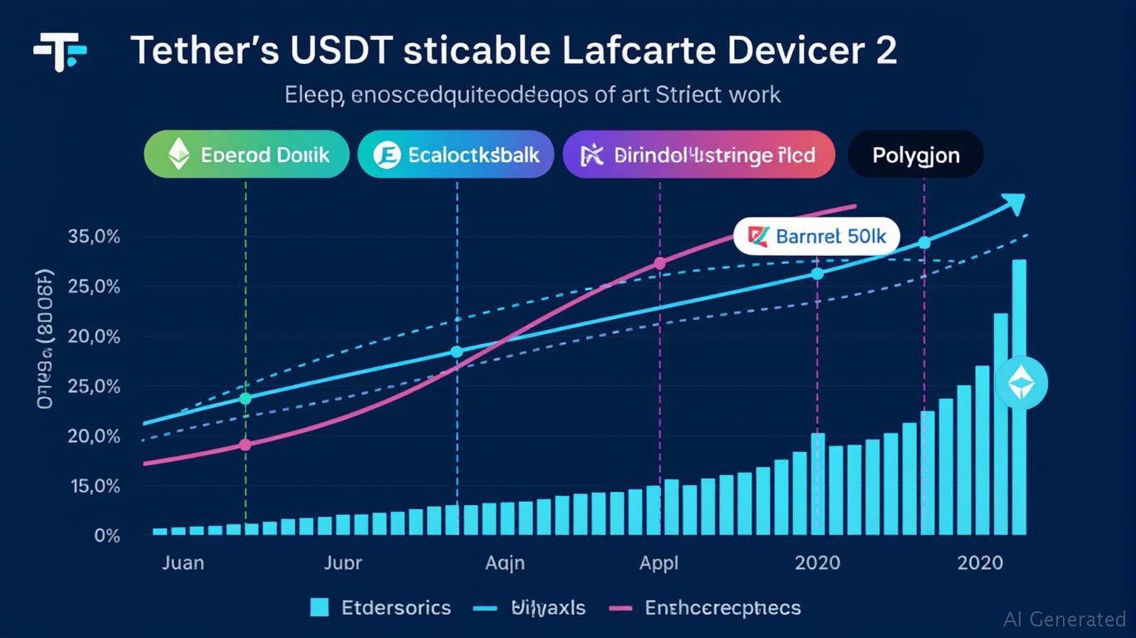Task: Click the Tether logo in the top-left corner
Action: coord(61,52)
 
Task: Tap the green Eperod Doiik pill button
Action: coord(247,155)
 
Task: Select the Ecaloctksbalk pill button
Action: coord(455,155)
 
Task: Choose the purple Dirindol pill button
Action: coord(698,155)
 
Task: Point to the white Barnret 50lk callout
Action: coord(817,237)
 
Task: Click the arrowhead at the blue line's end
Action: coord(1014,204)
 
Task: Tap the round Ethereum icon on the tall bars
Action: coord(1021,384)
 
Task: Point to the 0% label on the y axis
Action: coord(106,536)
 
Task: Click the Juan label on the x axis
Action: coord(182,562)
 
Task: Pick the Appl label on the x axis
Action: coord(659,562)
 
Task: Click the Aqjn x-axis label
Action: coord(504,562)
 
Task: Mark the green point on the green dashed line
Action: coord(245,399)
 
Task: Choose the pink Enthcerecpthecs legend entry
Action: coord(705,607)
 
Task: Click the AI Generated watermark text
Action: coord(1064,619)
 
